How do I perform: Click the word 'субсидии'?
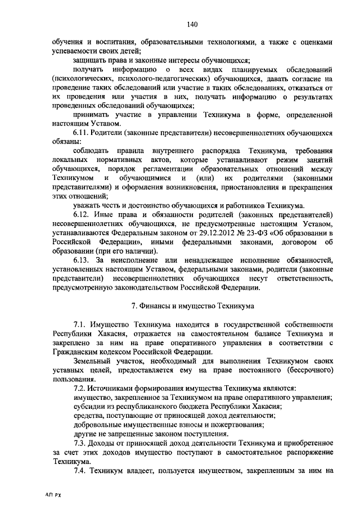89,406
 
